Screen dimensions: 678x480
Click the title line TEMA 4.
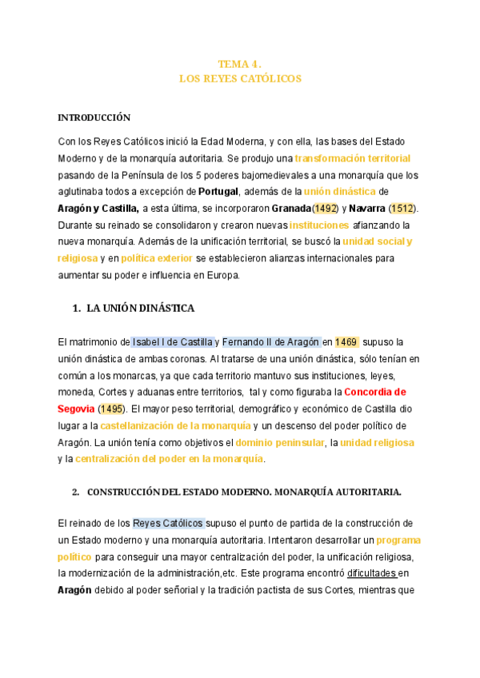click(x=240, y=64)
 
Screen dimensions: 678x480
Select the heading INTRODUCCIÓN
click(x=94, y=118)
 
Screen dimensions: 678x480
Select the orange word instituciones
click(x=319, y=225)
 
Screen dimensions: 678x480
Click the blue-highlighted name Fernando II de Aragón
click(x=271, y=342)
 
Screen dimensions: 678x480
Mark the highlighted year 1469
click(x=346, y=342)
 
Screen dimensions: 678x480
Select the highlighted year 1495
click(x=112, y=409)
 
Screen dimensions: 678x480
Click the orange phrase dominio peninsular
click(x=280, y=442)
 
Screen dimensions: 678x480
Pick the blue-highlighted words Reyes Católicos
click(x=168, y=524)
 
